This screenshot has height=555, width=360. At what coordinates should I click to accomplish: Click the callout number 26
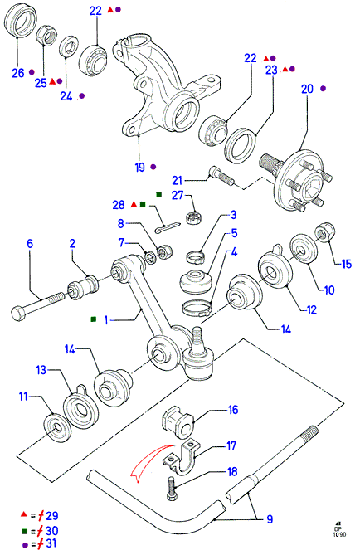18,73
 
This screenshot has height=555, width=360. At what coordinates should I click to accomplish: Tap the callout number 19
140,167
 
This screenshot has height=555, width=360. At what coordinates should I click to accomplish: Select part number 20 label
307,89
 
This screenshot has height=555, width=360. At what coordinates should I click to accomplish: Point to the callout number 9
270,519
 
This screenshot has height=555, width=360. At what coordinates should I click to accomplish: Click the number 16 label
233,410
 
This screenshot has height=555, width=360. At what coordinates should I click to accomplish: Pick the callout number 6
30,244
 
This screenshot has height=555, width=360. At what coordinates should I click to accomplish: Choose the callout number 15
346,264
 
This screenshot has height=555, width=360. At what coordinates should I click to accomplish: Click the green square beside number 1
94,319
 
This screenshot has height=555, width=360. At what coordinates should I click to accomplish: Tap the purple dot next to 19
153,167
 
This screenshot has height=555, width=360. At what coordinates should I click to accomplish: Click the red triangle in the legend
24,514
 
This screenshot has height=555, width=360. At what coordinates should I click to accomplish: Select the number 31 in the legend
51,543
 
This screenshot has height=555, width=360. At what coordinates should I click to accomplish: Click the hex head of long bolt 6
18,314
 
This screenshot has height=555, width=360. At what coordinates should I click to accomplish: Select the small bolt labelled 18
172,489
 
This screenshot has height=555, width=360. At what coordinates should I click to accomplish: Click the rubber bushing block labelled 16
178,423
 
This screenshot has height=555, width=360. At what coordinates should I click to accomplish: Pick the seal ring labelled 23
241,145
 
